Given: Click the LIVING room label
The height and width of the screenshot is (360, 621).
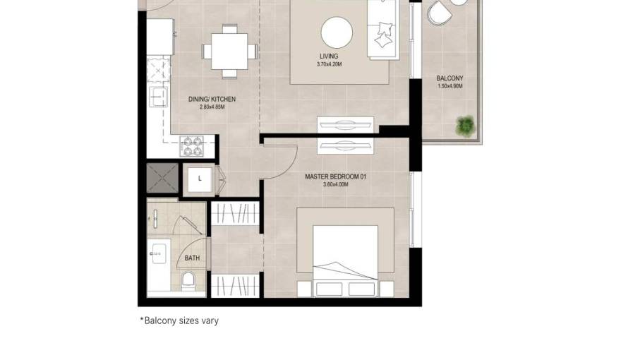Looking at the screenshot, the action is click(x=329, y=56).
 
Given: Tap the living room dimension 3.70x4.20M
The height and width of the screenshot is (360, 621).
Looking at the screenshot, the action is click(x=329, y=64).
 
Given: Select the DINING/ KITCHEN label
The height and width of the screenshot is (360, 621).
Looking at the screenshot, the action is click(x=212, y=99).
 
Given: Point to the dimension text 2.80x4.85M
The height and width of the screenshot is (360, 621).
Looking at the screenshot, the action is click(x=212, y=107).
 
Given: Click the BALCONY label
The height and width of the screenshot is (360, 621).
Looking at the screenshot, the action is click(x=450, y=78).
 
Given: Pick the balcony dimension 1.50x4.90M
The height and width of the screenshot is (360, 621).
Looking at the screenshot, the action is click(x=450, y=86).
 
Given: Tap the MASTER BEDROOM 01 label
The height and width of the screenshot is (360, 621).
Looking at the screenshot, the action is click(x=335, y=176).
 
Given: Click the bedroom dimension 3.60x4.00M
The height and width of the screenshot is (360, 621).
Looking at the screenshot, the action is click(x=335, y=184).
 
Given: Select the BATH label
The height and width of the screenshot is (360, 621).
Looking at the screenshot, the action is click(x=192, y=258).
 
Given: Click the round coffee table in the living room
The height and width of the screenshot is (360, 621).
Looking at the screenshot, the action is click(x=337, y=33).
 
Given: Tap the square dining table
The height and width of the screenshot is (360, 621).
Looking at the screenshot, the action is click(x=230, y=52).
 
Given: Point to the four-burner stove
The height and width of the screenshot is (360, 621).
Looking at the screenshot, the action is click(x=192, y=146).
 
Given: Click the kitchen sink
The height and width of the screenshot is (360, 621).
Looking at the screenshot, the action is click(x=157, y=97).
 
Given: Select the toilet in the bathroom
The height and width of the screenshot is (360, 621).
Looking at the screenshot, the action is click(x=188, y=281).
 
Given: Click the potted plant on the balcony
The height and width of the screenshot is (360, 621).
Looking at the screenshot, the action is click(x=465, y=126).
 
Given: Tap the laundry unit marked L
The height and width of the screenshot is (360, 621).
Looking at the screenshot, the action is click(x=200, y=179).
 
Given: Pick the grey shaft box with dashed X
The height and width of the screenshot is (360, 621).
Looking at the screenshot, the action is click(x=162, y=178).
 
